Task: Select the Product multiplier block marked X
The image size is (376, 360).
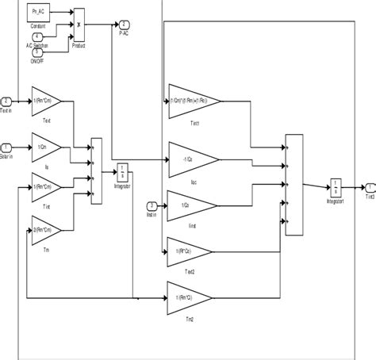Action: (x=79, y=23)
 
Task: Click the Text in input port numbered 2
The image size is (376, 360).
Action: (x=7, y=101)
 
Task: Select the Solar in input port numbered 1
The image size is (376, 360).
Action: (x=7, y=147)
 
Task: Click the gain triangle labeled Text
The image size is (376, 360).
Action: (x=44, y=101)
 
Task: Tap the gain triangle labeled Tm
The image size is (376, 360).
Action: (x=44, y=232)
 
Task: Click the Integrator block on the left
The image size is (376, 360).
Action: (x=122, y=170)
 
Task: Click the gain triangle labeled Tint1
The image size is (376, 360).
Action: (x=190, y=101)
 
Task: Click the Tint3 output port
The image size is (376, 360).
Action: (x=368, y=188)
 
